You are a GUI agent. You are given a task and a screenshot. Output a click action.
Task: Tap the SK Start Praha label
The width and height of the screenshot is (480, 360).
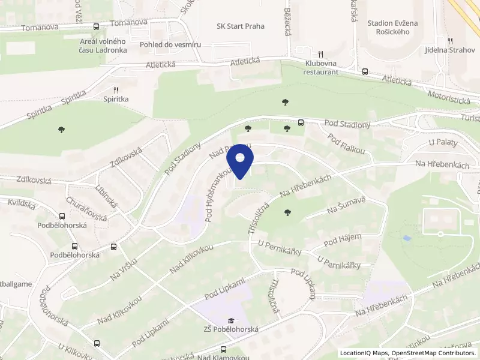pos(241,26)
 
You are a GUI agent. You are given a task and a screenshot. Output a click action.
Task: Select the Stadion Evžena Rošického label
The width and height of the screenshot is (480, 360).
pos(388,27)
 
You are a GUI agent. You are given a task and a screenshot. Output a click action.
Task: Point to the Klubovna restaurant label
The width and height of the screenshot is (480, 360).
pos(322,67)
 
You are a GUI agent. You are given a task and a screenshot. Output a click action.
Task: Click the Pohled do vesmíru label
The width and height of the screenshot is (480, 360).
pos(170,45)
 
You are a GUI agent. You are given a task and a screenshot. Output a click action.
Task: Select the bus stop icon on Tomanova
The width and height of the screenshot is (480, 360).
pos(96,26)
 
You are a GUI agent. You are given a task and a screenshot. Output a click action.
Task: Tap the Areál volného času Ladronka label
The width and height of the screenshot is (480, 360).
pos(103,45)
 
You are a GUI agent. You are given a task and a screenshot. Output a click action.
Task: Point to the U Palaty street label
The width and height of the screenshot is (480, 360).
pos(443,143)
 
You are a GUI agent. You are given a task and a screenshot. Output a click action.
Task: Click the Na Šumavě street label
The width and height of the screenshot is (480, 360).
pos(346,209)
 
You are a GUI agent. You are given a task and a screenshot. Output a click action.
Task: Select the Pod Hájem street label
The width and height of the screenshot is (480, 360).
pos(343,241)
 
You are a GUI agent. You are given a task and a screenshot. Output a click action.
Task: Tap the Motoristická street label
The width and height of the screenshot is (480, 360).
pos(448,97)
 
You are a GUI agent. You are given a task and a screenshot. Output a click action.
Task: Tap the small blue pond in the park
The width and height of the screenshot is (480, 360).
pos(407,238)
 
